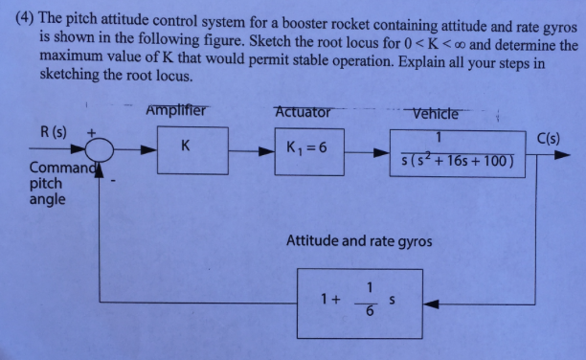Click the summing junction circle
[99, 149]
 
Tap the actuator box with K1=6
[303, 148]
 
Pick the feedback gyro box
[357, 302]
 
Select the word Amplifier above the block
[176, 110]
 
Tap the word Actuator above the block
[303, 111]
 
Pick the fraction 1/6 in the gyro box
[369, 302]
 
